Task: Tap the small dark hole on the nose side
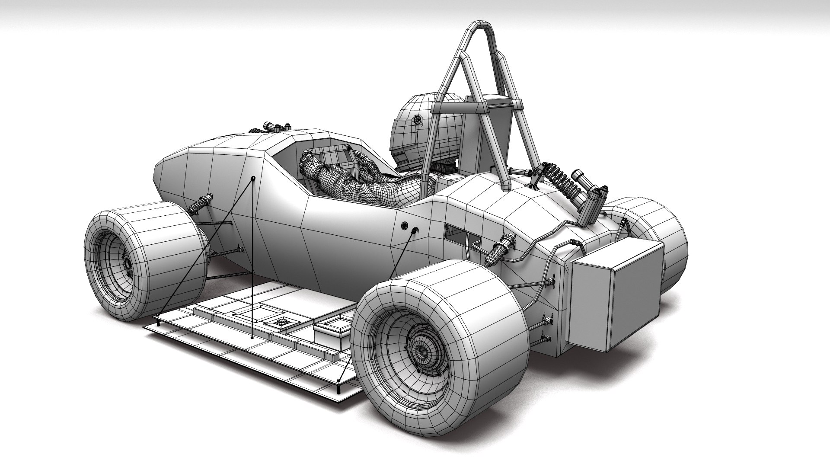(x=253, y=178)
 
